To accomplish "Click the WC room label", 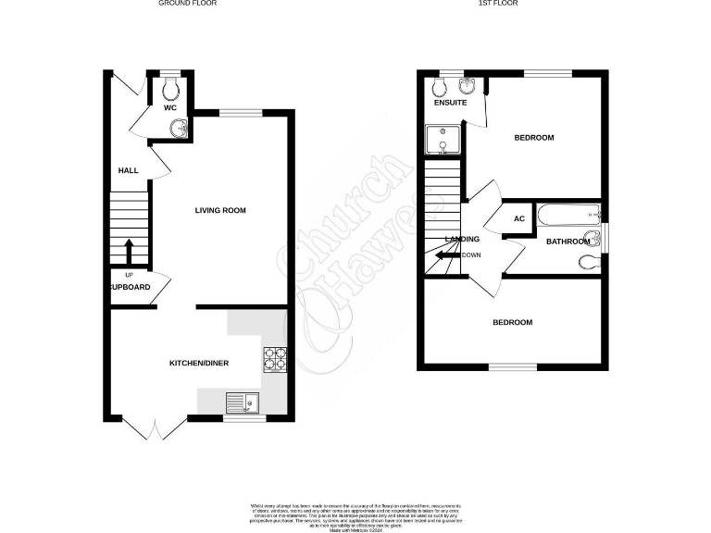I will click(170, 107).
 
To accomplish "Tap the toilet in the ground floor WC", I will click(169, 88).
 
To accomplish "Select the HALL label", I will click(128, 170).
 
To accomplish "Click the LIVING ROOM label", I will click(220, 210).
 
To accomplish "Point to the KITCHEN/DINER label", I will click(198, 363).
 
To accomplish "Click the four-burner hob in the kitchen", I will click(276, 358).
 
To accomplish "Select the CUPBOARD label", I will click(131, 288).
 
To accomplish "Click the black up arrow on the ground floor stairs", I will click(129, 251).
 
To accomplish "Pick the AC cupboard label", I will click(518, 218).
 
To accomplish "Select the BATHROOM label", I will click(568, 242).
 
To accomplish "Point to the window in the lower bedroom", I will click(514, 367).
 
